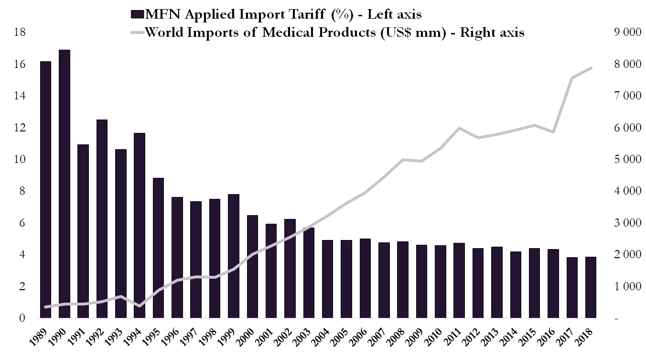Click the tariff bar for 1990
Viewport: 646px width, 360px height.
point(65,184)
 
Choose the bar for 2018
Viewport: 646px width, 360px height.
point(592,287)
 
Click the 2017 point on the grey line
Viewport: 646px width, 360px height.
point(572,78)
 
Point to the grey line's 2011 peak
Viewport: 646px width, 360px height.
point(459,128)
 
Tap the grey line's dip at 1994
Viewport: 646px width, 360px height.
point(140,306)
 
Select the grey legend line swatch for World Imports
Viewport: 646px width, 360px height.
point(136,33)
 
